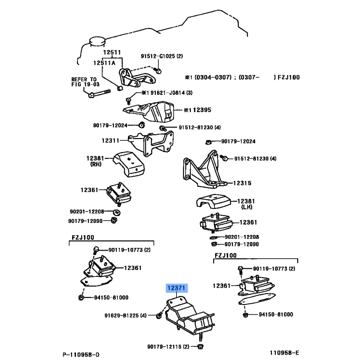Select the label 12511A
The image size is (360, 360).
(104, 63)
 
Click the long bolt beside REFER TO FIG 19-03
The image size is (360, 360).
(100, 94)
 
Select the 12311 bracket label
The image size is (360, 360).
(110, 141)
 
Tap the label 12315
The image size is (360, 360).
(242, 183)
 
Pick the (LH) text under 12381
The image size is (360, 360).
(247, 207)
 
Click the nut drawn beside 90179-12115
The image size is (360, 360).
(200, 346)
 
